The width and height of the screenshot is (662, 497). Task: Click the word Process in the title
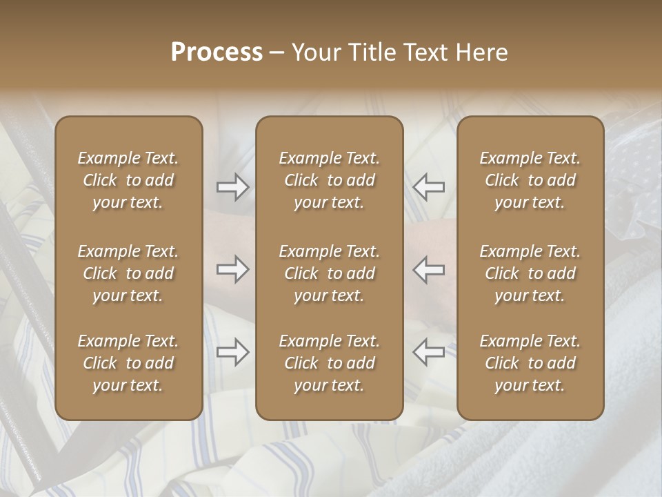[217, 52]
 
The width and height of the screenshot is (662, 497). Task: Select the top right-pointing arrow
[233, 187]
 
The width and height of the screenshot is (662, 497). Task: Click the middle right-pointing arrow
[233, 269]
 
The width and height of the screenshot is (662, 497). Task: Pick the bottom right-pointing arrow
[233, 352]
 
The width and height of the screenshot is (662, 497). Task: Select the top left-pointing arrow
[428, 187]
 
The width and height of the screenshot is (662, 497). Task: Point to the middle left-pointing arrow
[428, 269]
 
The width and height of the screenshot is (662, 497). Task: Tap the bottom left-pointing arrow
[428, 352]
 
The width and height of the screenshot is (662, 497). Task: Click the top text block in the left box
[128, 180]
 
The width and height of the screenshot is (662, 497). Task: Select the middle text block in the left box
[128, 273]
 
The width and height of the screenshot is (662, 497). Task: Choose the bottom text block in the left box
[128, 363]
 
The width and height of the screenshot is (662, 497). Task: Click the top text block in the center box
[329, 180]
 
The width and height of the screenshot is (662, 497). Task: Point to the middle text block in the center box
[329, 273]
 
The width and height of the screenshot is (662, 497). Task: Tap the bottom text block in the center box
[329, 363]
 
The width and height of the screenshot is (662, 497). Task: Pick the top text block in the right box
[530, 180]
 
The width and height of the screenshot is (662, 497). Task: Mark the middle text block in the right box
[530, 273]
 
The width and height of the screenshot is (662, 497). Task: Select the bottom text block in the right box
[530, 363]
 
